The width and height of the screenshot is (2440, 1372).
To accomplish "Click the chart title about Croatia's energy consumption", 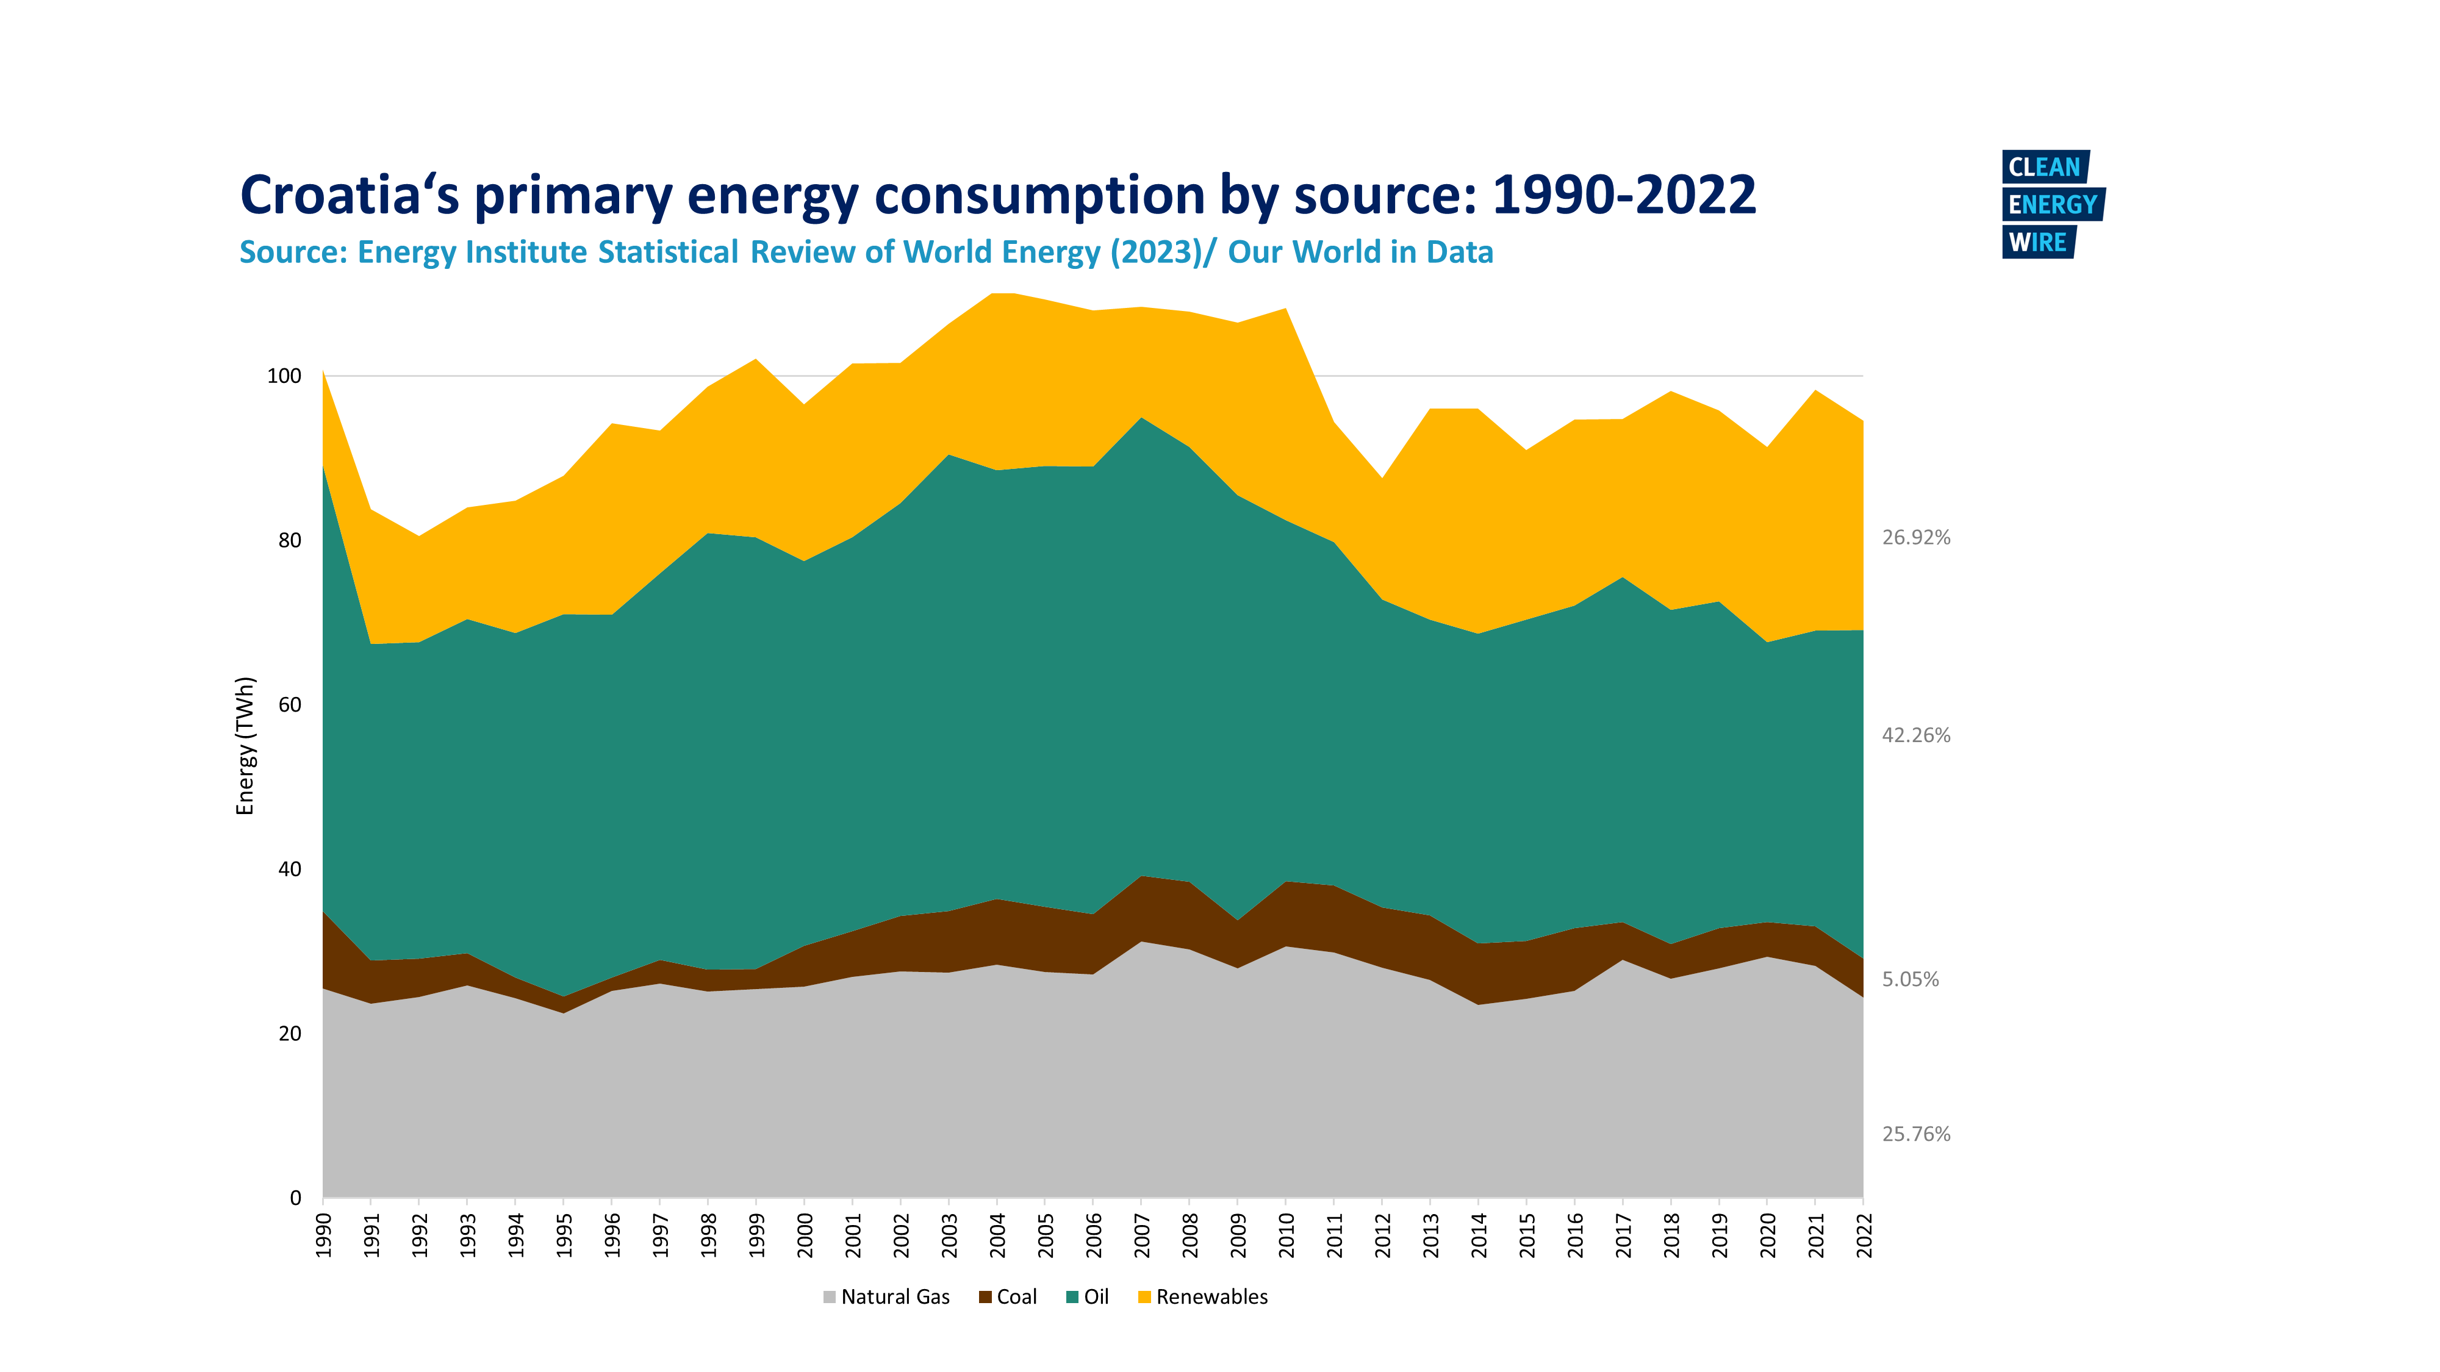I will (x=997, y=195).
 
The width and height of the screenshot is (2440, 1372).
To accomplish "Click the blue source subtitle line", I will (x=866, y=253).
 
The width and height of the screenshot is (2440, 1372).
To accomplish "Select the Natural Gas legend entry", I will (x=886, y=1297).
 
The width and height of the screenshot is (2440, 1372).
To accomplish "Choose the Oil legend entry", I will (x=1088, y=1297).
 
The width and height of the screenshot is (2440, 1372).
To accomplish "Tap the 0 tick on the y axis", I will (x=295, y=1198).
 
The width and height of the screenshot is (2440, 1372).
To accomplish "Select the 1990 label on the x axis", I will (x=324, y=1235).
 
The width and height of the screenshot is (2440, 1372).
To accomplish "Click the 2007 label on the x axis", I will (x=1143, y=1235).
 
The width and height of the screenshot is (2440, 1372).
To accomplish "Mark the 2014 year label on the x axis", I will (x=1479, y=1235).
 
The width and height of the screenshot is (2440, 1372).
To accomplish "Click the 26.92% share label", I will (x=1915, y=538).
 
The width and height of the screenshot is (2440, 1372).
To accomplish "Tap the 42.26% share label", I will (x=1915, y=736).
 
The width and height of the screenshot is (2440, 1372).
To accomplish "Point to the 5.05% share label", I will (x=1909, y=980).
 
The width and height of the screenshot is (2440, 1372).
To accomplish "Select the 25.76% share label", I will (x=1915, y=1134).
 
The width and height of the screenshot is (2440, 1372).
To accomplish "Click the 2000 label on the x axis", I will (x=805, y=1235).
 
